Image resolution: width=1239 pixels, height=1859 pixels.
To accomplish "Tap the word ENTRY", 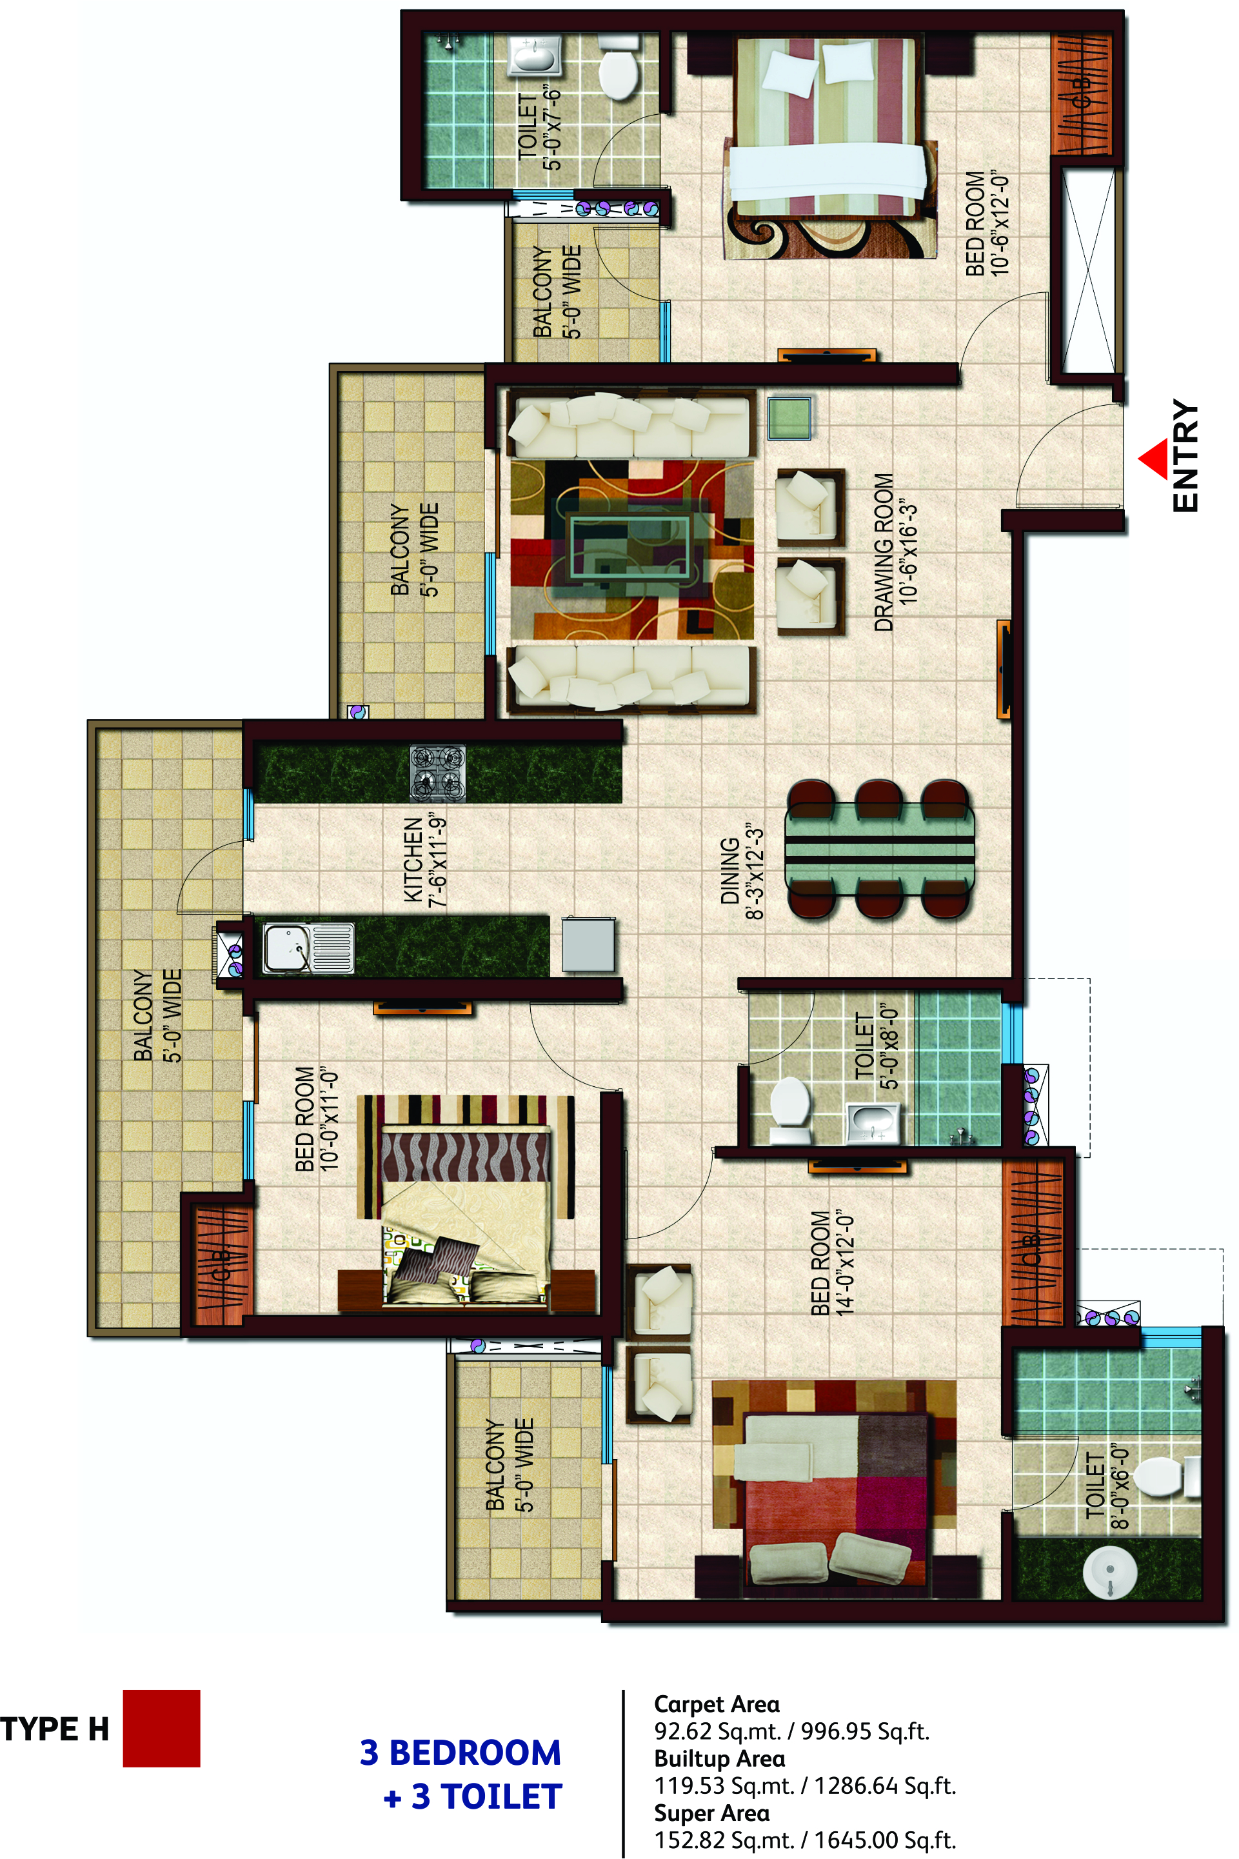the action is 1185,456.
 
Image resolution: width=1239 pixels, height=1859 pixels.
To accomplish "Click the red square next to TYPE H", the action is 161,1728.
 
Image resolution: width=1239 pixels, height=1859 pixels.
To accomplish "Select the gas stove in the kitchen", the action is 437,773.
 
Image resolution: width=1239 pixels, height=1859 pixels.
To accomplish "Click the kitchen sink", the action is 308,948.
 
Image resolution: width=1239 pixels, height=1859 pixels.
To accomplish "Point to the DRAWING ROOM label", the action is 895,552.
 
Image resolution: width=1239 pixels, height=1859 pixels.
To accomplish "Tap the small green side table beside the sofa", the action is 789,417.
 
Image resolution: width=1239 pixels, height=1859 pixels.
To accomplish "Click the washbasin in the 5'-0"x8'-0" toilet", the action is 873,1122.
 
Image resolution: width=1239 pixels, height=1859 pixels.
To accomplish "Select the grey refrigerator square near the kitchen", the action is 588,944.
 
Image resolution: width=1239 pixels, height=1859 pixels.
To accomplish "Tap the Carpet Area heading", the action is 717,1704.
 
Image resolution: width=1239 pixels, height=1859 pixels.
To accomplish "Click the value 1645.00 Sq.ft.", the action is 885,1840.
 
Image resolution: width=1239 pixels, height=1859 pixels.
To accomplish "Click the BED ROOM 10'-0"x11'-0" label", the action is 316,1118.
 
